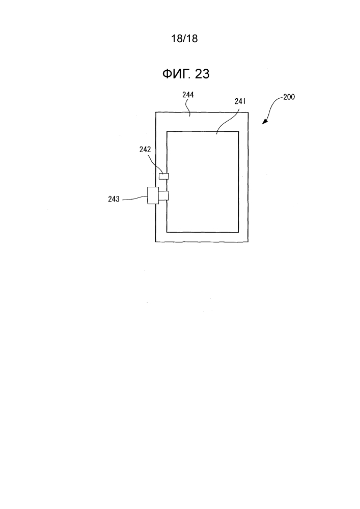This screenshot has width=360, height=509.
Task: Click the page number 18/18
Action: click(184, 39)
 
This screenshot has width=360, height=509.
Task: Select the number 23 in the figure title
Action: click(203, 74)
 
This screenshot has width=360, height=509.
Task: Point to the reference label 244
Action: click(188, 95)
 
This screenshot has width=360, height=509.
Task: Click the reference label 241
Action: click(240, 101)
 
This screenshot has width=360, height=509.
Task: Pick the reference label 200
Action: click(289, 97)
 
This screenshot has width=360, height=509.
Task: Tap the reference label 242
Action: click(145, 149)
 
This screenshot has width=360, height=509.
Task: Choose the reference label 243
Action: click(114, 199)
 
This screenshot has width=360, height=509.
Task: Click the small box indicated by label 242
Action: click(163, 176)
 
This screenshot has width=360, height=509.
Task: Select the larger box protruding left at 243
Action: click(153, 195)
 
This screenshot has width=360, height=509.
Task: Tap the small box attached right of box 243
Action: click(163, 196)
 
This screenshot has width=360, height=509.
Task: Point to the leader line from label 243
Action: click(135, 199)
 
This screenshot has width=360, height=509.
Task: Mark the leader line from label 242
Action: click(156, 164)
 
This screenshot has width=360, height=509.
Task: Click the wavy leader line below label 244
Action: click(188, 107)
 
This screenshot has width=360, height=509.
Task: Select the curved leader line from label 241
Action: click(228, 120)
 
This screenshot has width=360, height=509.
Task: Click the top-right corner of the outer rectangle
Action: click(248, 112)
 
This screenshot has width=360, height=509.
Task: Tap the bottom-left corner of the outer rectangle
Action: click(155, 242)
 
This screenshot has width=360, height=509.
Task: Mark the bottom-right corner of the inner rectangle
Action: click(239, 233)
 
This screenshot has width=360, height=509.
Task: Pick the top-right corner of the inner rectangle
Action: click(239, 131)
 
